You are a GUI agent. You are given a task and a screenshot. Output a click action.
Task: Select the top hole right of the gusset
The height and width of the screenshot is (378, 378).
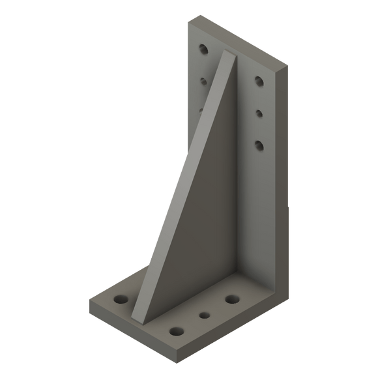point(259,81)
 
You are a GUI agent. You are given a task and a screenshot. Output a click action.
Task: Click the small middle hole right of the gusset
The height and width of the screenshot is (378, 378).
point(259,113)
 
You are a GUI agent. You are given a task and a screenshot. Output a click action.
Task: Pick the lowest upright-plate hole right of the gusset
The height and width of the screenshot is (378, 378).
point(259,145)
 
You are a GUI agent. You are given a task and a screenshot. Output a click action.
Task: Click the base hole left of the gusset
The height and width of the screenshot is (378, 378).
point(121,300)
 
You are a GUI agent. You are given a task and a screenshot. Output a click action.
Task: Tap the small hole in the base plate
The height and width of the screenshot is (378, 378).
point(205,315)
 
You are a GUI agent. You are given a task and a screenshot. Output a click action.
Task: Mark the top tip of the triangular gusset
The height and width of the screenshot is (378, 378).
point(230,53)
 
